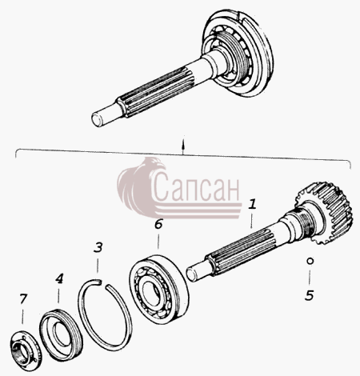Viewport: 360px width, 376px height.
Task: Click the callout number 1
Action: coord(252,204)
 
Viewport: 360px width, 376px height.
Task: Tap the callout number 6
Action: coord(158,225)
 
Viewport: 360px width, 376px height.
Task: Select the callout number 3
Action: coord(98,247)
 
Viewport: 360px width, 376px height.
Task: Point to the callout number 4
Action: coord(59,278)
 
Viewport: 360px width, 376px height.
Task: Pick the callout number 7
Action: coord(23,298)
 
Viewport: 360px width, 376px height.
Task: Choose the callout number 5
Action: coord(309,295)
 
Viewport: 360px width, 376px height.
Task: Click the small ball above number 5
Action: coord(310,261)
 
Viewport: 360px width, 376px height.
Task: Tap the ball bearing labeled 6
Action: coord(159,290)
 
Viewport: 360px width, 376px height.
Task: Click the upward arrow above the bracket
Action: coord(182,146)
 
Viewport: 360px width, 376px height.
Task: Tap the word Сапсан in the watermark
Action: coord(197,186)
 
